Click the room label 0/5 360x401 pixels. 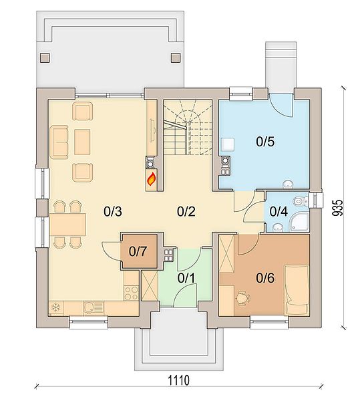click(265, 142)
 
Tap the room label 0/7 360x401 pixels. click(138, 251)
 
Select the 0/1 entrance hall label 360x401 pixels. click(186, 278)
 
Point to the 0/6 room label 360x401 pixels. click(265, 278)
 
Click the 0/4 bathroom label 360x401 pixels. click(279, 211)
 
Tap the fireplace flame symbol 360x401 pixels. click(151, 178)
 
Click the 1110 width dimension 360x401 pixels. click(179, 380)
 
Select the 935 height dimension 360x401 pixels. click(337, 208)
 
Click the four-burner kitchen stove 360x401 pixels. click(131, 293)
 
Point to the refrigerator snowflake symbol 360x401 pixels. click(55, 307)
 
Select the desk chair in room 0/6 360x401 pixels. click(242, 298)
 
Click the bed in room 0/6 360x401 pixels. click(297, 290)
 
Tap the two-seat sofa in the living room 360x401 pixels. click(60, 142)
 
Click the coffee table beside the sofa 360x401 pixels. click(82, 142)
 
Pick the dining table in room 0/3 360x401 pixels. click(67, 225)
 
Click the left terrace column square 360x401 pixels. click(45, 57)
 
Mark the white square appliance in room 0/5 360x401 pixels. click(228, 144)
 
